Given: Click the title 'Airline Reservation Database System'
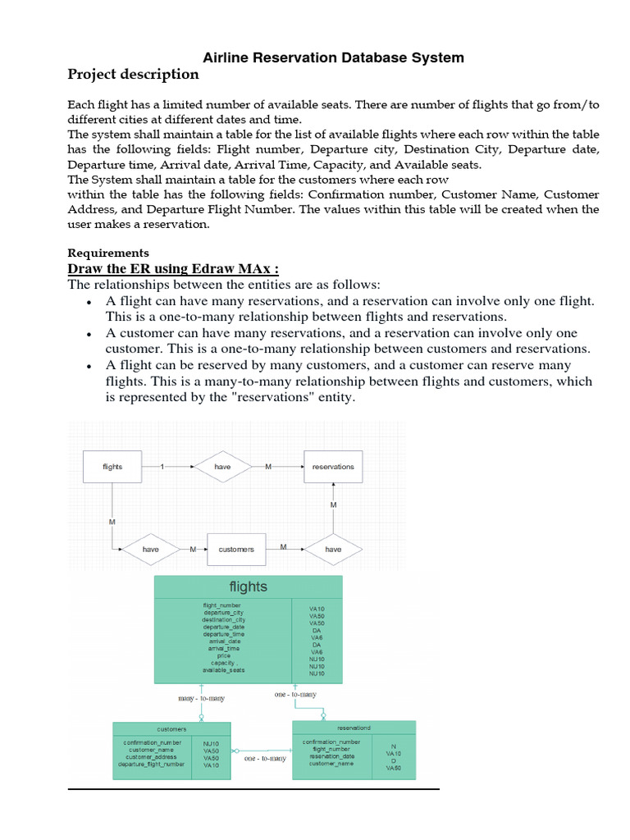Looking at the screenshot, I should click(333, 57).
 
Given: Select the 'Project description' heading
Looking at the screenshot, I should click(132, 75).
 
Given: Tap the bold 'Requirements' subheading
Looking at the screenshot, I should click(107, 253).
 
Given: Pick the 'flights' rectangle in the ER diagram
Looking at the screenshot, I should click(112, 467).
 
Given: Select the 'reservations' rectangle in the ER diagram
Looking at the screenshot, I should click(333, 467).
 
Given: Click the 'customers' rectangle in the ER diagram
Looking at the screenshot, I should click(236, 549).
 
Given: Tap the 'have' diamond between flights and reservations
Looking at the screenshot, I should click(222, 467).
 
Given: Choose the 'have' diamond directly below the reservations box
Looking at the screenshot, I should click(333, 549).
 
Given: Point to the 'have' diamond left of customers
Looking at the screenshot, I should click(151, 549).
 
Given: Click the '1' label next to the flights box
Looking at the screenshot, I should click(162, 467).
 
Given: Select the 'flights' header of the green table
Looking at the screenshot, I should click(248, 587).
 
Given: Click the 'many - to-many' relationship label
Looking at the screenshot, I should click(201, 698).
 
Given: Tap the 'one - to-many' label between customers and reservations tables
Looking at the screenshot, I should click(266, 759).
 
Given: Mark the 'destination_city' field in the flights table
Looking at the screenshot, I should click(223, 619).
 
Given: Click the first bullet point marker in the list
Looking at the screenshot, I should click(88, 303).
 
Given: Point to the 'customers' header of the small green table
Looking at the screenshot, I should click(171, 728).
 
